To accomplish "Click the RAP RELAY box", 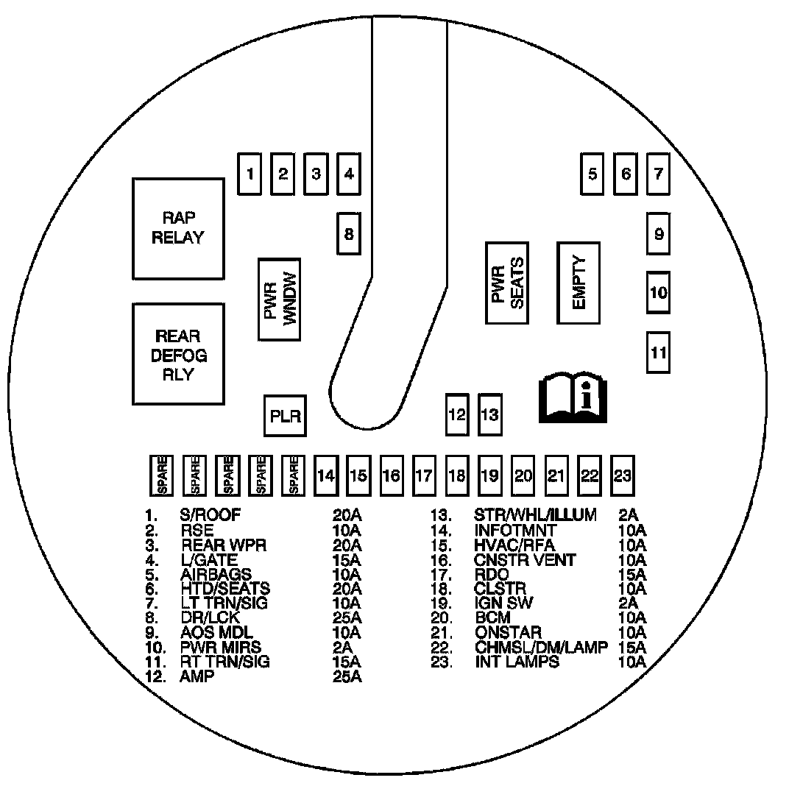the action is click(178, 228).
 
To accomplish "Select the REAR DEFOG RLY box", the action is click(178, 355).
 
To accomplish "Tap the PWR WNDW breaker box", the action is click(279, 299).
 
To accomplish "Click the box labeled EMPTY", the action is click(579, 283).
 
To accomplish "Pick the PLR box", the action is click(286, 417).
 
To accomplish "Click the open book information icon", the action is click(573, 397).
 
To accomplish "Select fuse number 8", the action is click(349, 234).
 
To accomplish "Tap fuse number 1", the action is click(251, 174).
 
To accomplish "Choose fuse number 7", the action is click(659, 174).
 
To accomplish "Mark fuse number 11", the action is click(659, 352).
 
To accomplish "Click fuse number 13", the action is click(489, 414).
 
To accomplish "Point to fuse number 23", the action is click(623, 475).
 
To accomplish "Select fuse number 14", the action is click(325, 475).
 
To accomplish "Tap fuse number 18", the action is click(457, 475).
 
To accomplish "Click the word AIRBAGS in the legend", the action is click(216, 574).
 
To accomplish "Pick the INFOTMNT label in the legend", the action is click(515, 530).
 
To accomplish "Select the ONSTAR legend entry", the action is click(509, 632).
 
